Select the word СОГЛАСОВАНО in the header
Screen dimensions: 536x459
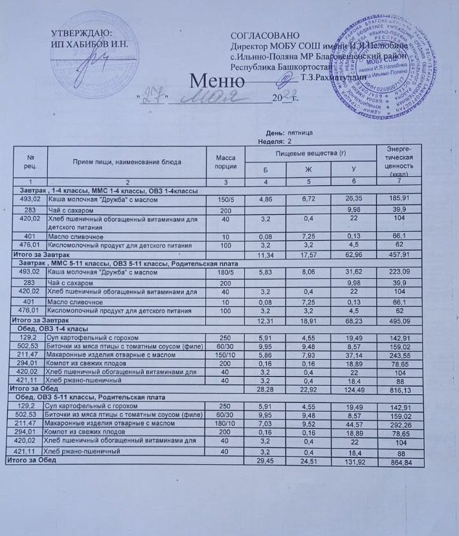click(265, 35)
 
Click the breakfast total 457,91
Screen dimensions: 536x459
click(400, 256)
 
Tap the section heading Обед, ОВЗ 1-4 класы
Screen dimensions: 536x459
click(62, 330)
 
